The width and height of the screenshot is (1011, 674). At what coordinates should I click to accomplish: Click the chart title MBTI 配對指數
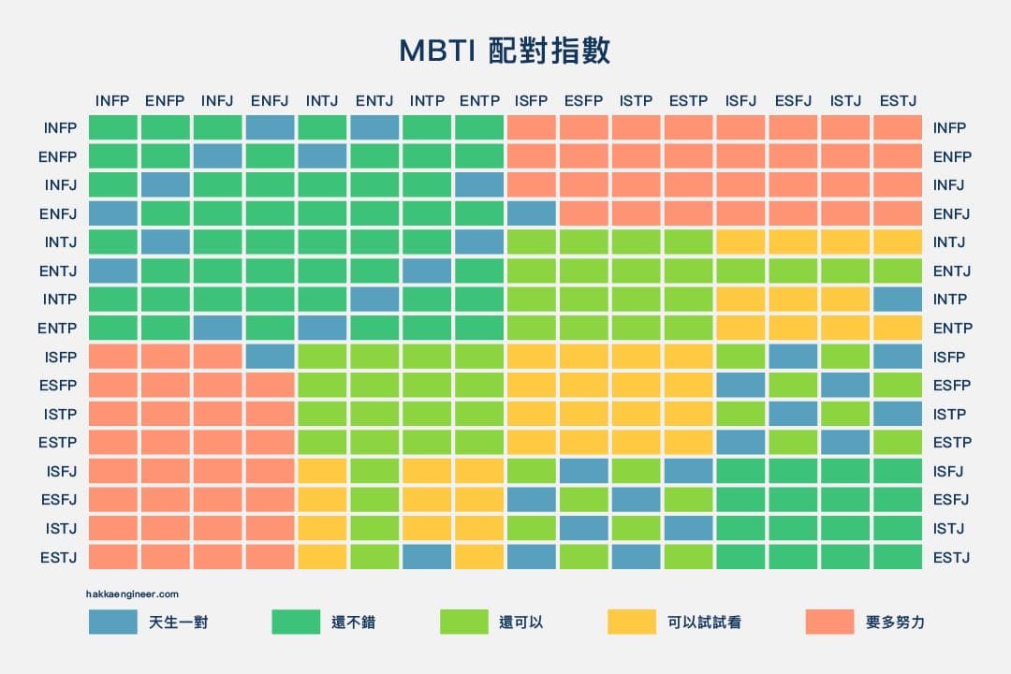pos(505,51)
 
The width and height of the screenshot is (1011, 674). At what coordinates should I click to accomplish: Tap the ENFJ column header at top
pos(270,100)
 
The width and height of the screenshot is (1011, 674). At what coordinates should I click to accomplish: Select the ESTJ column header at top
pos(898,100)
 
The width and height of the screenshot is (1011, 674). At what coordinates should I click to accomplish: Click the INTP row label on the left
pos(59,300)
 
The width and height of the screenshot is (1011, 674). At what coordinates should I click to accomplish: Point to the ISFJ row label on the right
pos(947,472)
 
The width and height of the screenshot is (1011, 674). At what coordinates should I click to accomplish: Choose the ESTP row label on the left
pos(57,443)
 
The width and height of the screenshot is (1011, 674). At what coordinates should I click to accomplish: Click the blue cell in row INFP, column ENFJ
pos(271,127)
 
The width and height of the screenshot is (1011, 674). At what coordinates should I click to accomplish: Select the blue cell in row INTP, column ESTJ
pos(898,300)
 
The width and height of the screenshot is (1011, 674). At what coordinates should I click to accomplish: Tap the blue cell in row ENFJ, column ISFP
pos(532,213)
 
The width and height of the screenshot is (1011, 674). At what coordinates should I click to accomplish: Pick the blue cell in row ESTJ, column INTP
pos(427,557)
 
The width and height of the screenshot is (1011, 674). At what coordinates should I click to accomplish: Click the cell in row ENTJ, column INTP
pos(427,271)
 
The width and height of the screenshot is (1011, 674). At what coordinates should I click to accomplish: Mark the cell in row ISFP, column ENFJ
pos(271,357)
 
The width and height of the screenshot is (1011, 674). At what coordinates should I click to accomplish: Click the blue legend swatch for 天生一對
pos(113,622)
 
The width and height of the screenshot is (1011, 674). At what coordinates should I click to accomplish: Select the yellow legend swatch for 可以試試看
pos(632,622)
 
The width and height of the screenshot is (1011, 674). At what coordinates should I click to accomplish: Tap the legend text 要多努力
pos(895,623)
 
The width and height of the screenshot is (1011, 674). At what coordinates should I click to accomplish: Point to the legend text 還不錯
pos(353,623)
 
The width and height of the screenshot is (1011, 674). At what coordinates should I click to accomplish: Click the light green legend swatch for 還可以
pos(464,622)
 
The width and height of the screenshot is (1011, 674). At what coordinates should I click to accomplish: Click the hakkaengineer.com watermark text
pos(132,594)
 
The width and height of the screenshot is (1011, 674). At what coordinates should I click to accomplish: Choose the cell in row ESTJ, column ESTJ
pos(898,557)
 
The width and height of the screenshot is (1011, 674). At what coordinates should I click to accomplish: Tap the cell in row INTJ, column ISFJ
pos(740,242)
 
